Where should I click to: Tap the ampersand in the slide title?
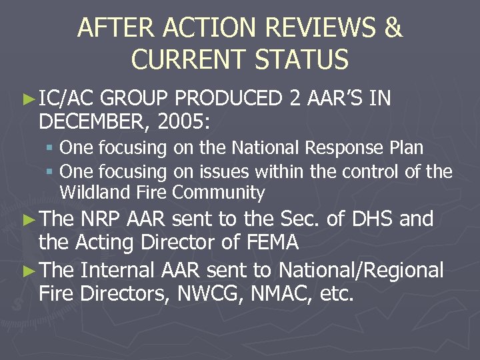coord(393,29)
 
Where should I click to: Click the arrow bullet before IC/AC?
coord(28,100)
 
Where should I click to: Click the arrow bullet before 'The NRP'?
coord(28,219)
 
